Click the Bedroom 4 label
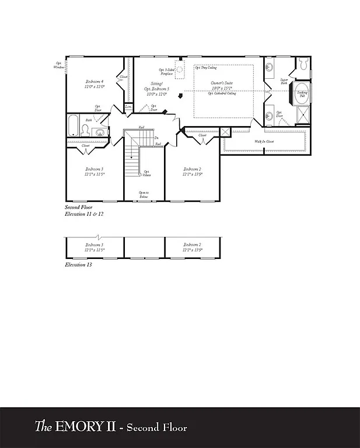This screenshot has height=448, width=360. click(x=94, y=81)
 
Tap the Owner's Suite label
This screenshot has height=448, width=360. click(x=222, y=83)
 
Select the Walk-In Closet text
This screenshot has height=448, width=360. click(x=264, y=142)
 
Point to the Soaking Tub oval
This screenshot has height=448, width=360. click(x=302, y=94)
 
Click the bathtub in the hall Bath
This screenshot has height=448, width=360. click(x=73, y=124)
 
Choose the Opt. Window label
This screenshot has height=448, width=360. click(x=60, y=65)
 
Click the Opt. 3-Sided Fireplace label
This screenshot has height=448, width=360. click(x=166, y=71)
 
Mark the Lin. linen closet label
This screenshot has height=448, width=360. click(x=128, y=107)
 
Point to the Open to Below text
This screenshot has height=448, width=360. click(x=144, y=194)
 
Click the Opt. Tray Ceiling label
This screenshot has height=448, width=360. click(x=204, y=68)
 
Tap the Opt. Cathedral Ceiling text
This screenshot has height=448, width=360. click(x=222, y=93)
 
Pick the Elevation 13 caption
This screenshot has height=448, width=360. click(x=78, y=264)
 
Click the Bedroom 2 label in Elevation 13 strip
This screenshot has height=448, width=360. click(x=193, y=247)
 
